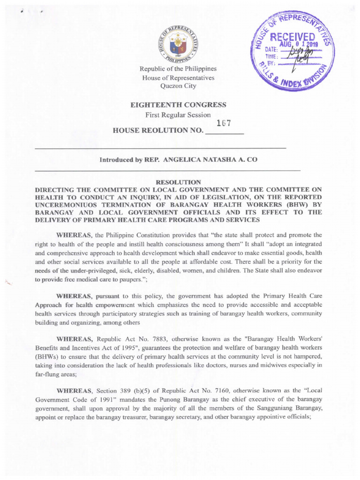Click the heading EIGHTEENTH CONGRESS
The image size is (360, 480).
click(x=180, y=104)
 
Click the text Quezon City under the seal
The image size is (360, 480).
click(x=180, y=86)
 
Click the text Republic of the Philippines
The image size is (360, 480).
click(x=180, y=69)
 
